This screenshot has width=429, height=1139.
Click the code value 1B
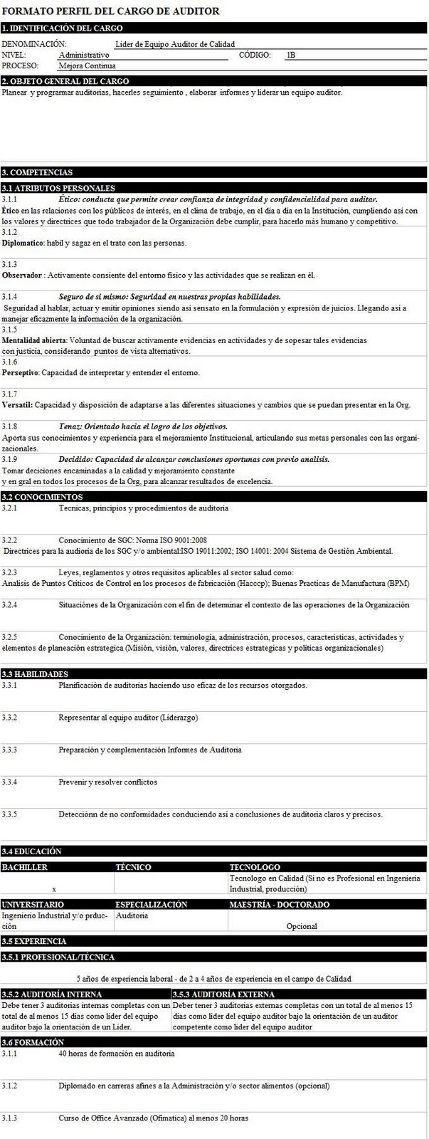[290, 55]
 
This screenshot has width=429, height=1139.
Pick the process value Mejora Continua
[87, 65]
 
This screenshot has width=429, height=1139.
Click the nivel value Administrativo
[84, 55]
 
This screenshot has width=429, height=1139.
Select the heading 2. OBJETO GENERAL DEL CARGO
[65, 82]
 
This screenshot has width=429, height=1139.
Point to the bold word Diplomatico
[23, 243]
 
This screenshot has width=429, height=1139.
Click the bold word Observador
[21, 275]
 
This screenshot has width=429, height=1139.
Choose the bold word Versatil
[17, 405]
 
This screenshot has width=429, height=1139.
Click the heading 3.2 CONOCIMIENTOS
[43, 497]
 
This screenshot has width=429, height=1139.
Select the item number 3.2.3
[9, 572]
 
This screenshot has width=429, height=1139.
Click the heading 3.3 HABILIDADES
[36, 674]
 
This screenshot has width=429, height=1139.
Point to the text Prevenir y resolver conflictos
[108, 782]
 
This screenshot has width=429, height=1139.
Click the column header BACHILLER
[25, 867]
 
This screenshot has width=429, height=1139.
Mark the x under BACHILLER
[54, 889]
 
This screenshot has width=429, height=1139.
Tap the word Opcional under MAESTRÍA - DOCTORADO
[302, 926]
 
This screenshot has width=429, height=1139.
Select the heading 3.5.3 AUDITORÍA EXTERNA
[223, 994]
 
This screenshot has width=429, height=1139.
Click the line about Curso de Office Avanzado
[154, 1118]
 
